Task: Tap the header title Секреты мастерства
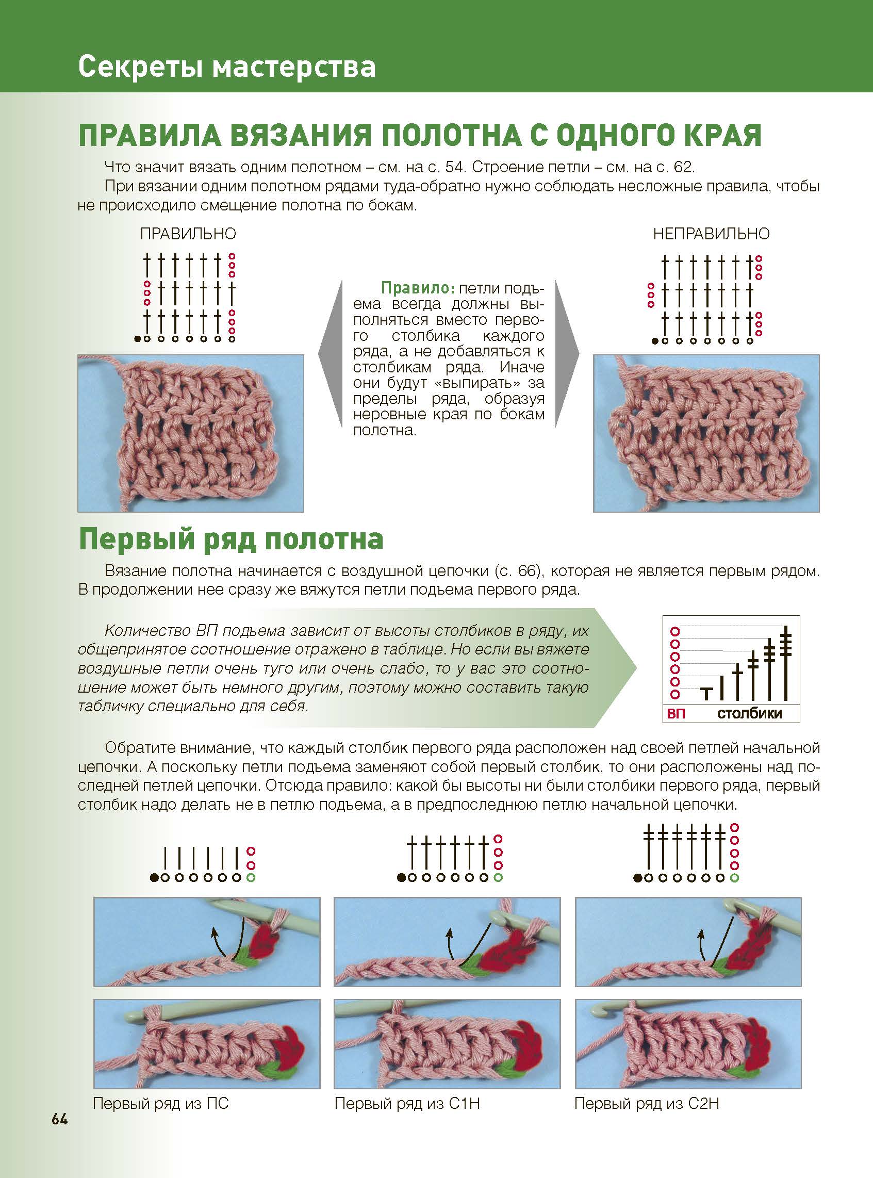(x=227, y=68)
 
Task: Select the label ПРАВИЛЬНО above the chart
(x=188, y=234)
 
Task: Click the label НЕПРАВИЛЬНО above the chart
(x=711, y=234)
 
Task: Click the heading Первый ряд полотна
(x=231, y=539)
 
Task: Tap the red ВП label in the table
(x=676, y=713)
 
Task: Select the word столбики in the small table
(x=749, y=713)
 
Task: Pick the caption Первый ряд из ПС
(x=161, y=1104)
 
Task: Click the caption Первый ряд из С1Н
(x=407, y=1104)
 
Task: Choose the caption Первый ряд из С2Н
(x=647, y=1104)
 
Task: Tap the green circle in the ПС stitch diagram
(x=251, y=878)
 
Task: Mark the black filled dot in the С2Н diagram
(x=638, y=878)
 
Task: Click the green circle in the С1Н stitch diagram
(x=498, y=878)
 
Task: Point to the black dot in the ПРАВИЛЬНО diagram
(x=138, y=339)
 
